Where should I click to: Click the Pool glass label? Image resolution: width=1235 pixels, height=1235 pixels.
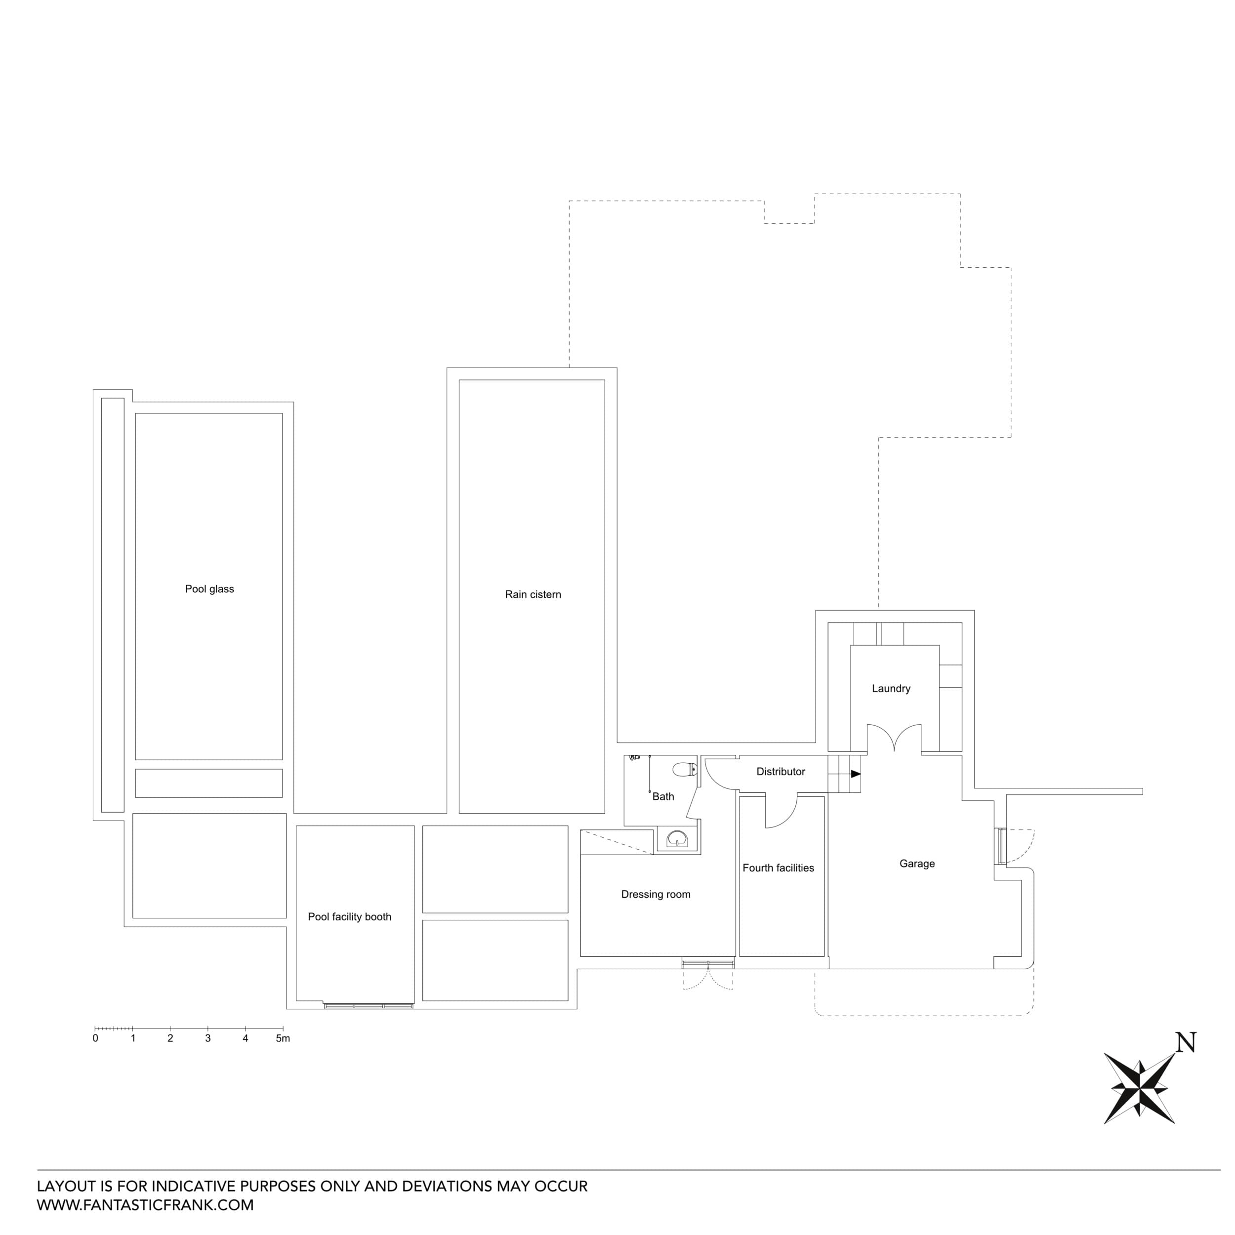point(209,589)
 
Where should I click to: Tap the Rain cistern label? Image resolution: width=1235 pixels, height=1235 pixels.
point(533,594)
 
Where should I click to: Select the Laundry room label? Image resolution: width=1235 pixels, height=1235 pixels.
point(891,689)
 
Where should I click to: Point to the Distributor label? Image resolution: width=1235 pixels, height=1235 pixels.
point(781,772)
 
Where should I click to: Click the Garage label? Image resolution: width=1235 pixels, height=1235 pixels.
point(917,864)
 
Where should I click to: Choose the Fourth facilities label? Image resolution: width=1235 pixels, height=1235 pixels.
point(778,868)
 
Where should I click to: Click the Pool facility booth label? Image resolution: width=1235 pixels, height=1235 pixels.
point(349,917)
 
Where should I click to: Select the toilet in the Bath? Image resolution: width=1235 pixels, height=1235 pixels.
point(685,769)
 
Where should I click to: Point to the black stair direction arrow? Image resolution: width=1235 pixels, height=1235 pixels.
point(855,774)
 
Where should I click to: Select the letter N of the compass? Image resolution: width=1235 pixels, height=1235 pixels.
point(1186,1043)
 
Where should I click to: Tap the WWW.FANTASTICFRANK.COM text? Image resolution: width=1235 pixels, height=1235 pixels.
point(145,1205)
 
